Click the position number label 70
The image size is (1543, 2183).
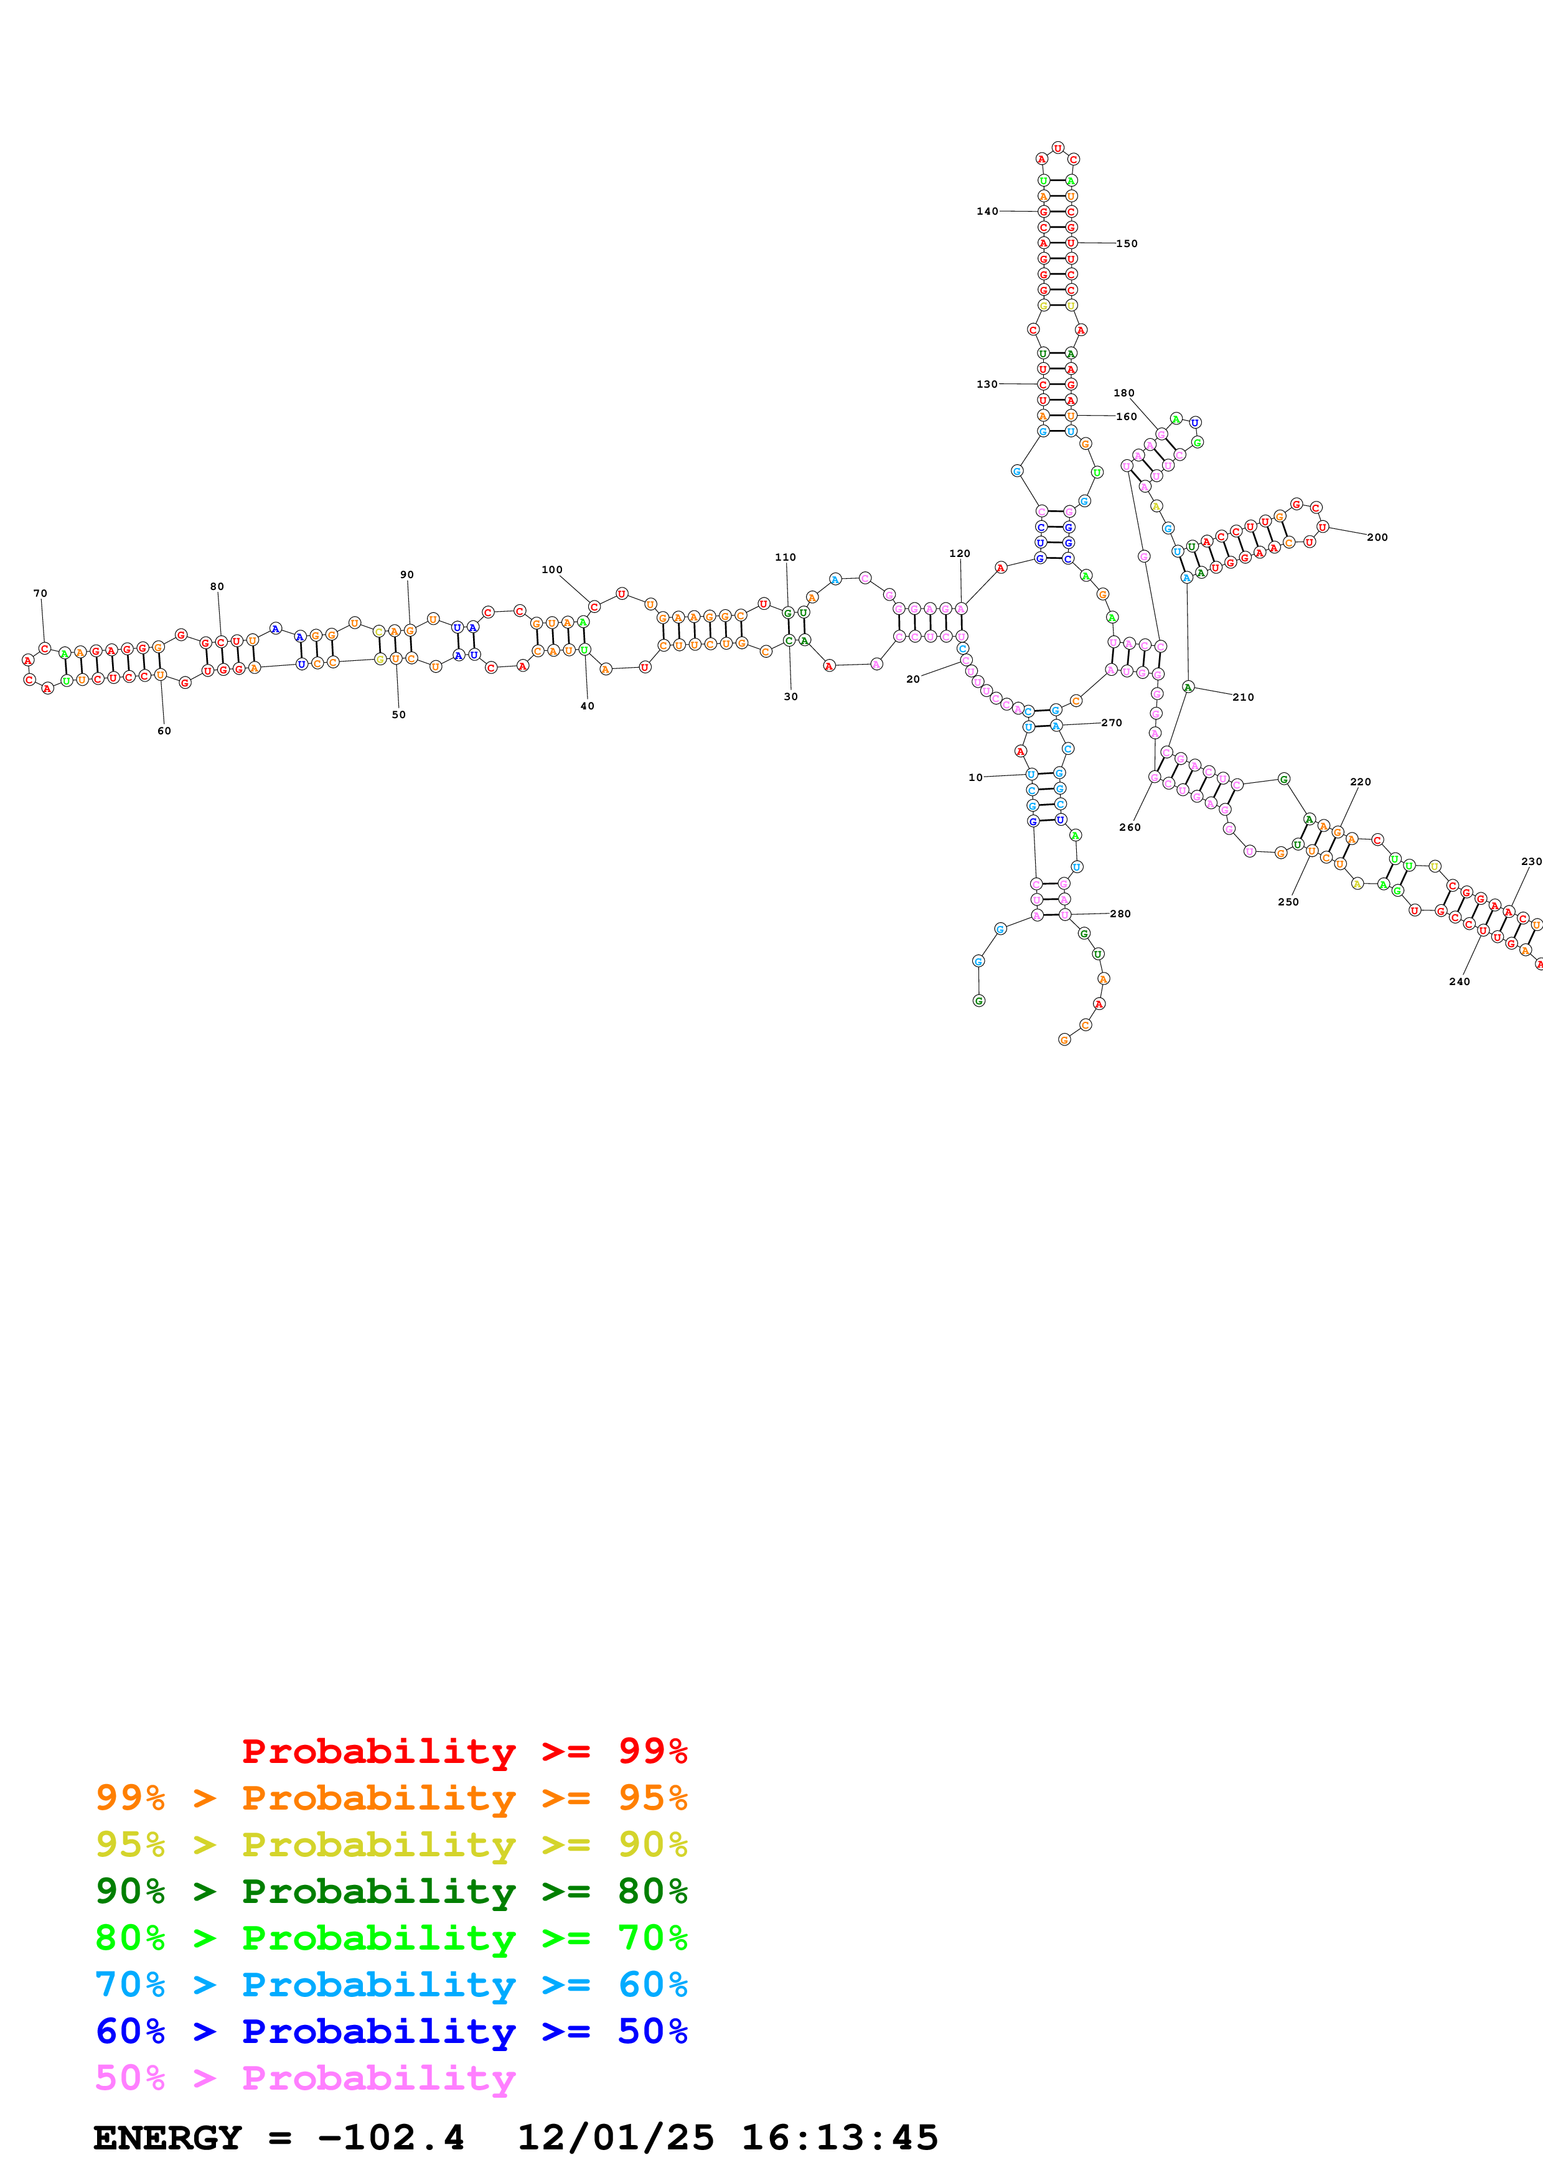pos(40,593)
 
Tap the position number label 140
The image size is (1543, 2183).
pos(987,211)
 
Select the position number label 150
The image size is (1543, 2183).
pos(1127,243)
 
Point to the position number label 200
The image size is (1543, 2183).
pos(1377,537)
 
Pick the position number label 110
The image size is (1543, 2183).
pos(786,557)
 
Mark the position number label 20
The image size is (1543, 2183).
pos(912,679)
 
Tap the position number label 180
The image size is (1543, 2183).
pos(1123,393)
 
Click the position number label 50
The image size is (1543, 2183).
pos(398,714)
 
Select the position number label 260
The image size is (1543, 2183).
pos(1130,827)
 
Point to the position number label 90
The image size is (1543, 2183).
pos(407,574)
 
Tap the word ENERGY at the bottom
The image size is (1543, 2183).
pos(167,2138)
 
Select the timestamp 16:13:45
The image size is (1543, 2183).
pos(840,2138)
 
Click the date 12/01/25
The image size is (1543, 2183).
pos(615,2138)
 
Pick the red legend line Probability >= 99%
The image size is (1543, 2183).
pos(464,1751)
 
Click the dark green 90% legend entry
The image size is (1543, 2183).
pos(391,1891)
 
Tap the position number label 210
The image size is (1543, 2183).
pos(1242,697)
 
